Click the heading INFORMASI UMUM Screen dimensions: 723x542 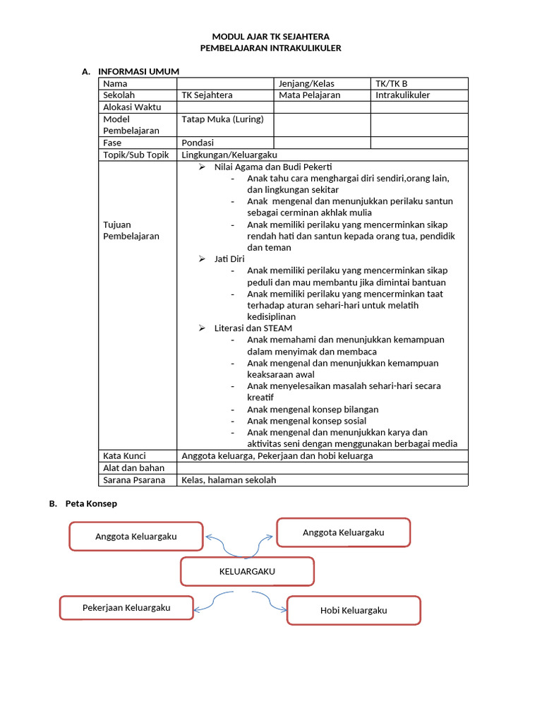tap(138, 71)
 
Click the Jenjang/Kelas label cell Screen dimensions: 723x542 tap(306, 83)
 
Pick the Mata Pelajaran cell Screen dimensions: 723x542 tap(309, 95)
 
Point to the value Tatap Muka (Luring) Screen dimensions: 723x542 tap(222, 119)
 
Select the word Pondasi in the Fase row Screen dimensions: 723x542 tap(198, 143)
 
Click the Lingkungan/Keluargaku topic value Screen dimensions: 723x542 tap(229, 155)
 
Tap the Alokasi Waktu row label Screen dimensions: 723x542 tap(132, 107)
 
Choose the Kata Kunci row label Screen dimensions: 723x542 tap(124, 456)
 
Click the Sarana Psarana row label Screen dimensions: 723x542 tap(134, 479)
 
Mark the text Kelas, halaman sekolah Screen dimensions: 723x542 tap(229, 479)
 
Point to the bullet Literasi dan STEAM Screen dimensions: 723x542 tap(253, 328)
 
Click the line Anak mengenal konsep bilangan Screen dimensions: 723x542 tap(313, 410)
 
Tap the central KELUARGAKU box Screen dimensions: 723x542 tap(247, 571)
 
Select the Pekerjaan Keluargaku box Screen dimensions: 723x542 tap(126, 608)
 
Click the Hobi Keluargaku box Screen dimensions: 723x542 tap(354, 611)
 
